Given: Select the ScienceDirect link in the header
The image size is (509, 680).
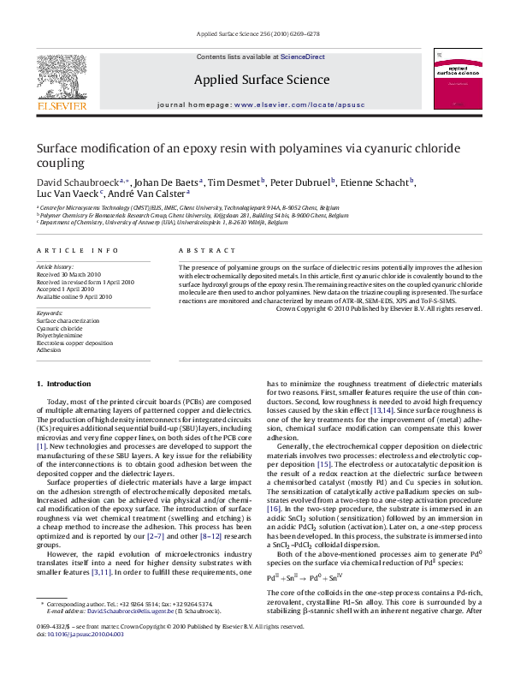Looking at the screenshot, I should click(x=303, y=57).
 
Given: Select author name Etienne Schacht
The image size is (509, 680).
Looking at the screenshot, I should click(x=379, y=182).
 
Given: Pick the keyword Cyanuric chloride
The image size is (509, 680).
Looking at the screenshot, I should click(x=59, y=328).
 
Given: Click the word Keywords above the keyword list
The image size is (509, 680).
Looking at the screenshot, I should click(x=50, y=313).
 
